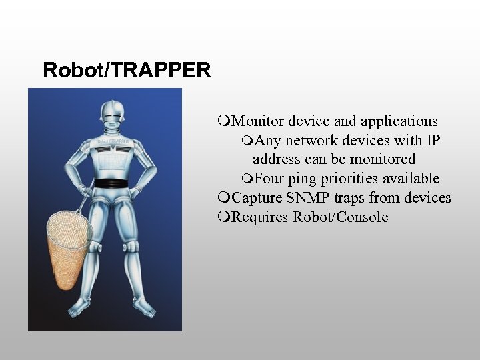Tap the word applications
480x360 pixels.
[399, 121]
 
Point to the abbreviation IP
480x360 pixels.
[433, 141]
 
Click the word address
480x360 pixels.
[277, 159]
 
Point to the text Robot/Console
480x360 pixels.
[340, 217]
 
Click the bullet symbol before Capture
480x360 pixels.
[223, 198]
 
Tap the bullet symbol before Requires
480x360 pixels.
[223, 217]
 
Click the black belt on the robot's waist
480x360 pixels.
[111, 183]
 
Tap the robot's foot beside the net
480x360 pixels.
[81, 307]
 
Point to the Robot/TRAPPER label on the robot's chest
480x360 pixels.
[111, 141]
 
